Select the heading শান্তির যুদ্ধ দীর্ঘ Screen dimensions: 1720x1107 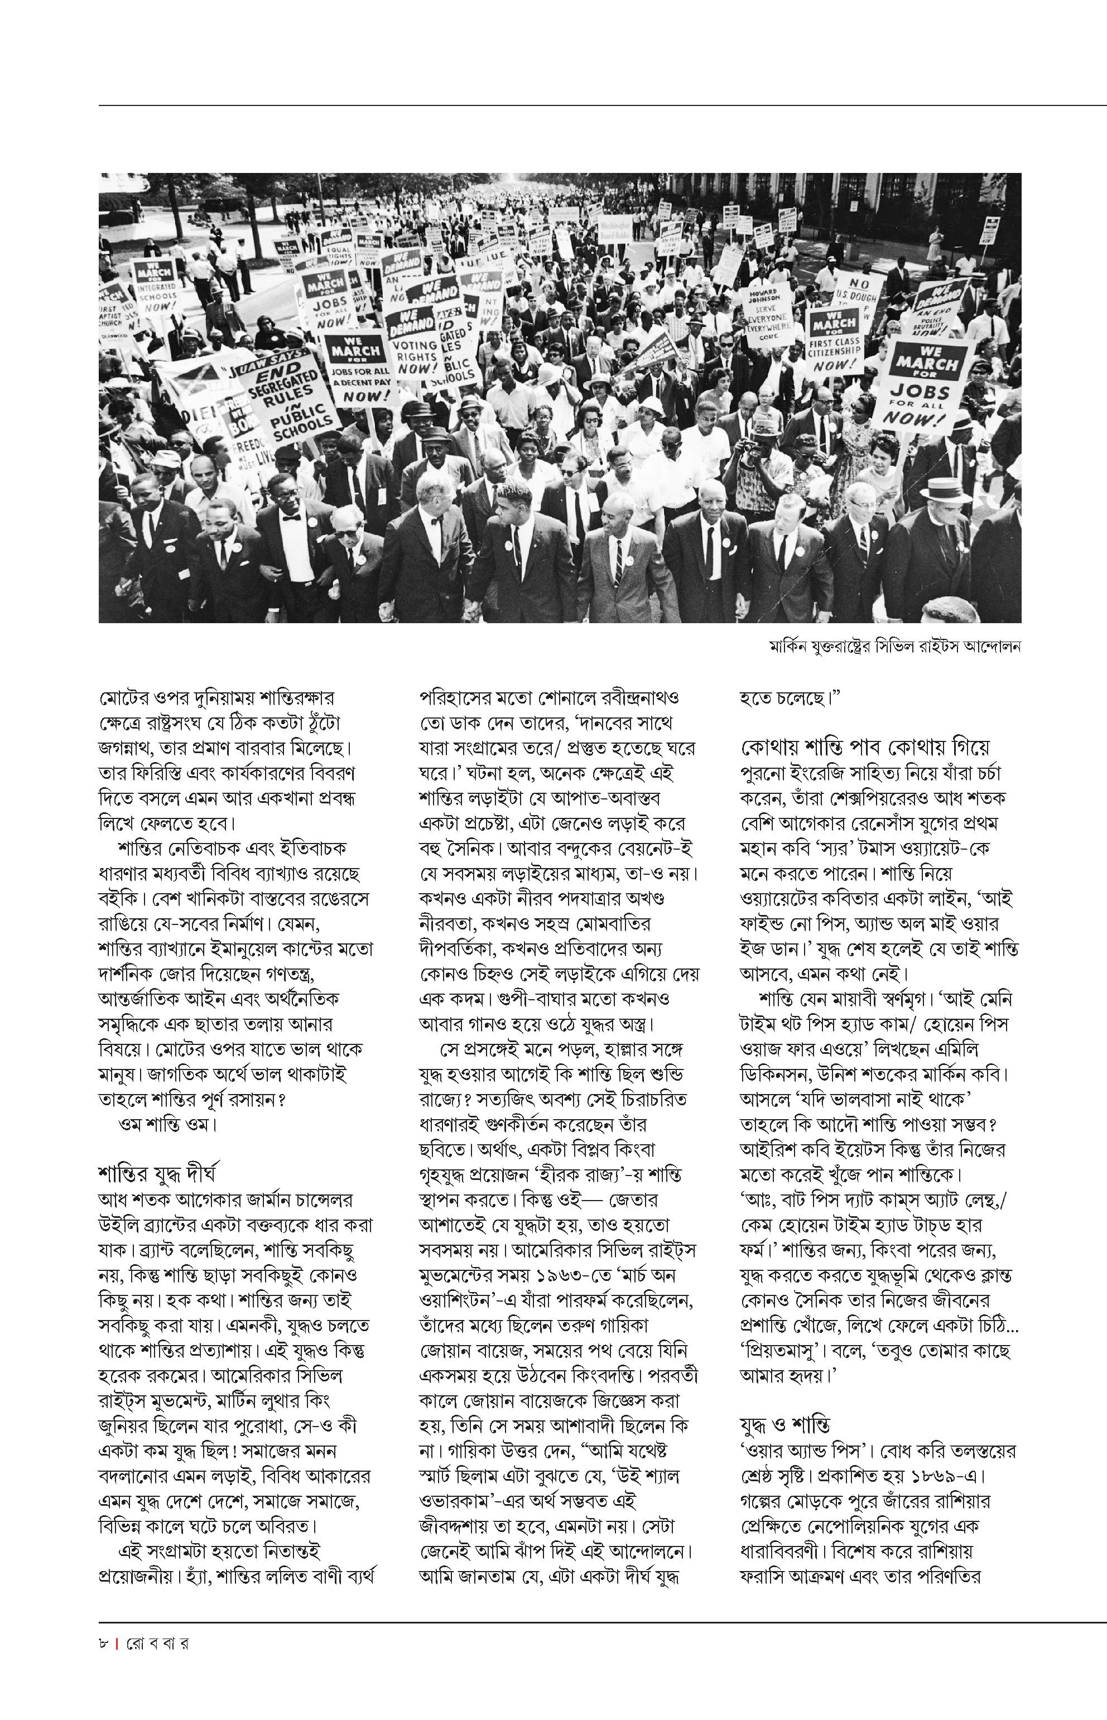[x=157, y=1174]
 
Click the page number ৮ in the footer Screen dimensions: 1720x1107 [x=104, y=1643]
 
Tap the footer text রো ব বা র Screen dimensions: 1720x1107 [x=157, y=1643]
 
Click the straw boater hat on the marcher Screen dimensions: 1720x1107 [x=945, y=489]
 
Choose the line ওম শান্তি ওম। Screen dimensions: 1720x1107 [x=167, y=1124]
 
